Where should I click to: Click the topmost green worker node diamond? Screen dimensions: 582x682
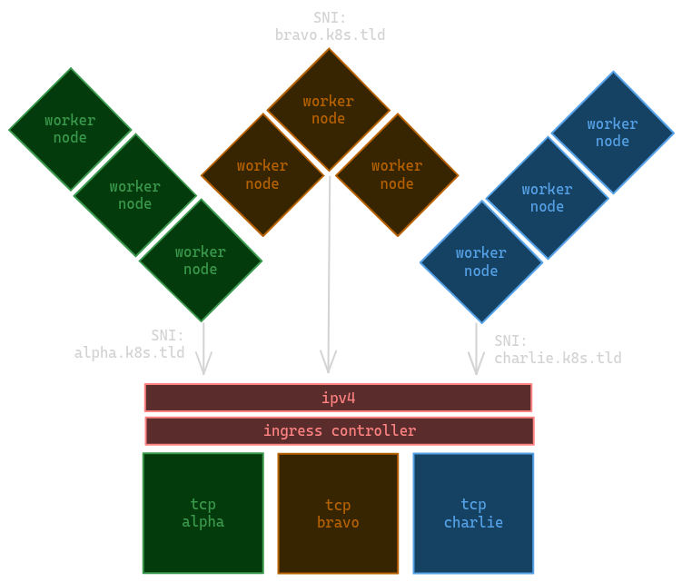(x=70, y=129)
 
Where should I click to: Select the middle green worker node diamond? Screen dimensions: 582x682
(x=134, y=195)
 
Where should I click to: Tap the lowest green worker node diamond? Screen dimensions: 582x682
(x=201, y=261)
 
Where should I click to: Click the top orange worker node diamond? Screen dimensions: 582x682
(x=329, y=110)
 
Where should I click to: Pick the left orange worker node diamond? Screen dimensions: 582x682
(x=262, y=174)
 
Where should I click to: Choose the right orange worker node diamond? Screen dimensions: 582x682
(x=397, y=174)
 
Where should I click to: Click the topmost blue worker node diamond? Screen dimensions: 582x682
(x=612, y=133)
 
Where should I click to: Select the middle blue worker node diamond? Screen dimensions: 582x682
(x=547, y=198)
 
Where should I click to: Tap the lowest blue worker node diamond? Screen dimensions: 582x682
(x=481, y=261)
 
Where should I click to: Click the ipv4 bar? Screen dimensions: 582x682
(x=338, y=398)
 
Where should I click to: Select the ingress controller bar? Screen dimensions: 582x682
(x=340, y=430)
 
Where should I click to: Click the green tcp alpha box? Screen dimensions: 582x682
(x=203, y=513)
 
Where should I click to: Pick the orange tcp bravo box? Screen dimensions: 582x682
(x=338, y=513)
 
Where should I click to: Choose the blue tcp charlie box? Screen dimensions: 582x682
(x=473, y=513)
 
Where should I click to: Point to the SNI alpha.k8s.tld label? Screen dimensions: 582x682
(x=129, y=345)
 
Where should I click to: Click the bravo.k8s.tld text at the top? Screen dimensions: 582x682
(x=331, y=35)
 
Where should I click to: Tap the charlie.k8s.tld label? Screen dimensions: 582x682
(x=558, y=358)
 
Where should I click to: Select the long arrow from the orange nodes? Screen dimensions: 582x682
(x=329, y=272)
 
